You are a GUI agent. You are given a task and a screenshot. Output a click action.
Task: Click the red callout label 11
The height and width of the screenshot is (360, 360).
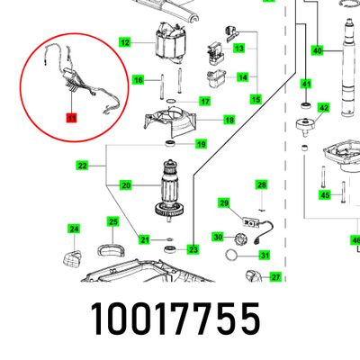[x=72, y=118]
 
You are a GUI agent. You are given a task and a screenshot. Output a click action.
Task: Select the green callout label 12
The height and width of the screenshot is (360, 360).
[x=125, y=42]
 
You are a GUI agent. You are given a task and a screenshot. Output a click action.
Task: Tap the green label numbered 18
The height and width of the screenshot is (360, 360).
[x=229, y=120]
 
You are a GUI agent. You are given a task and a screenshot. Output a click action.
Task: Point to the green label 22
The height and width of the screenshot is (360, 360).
[x=82, y=166]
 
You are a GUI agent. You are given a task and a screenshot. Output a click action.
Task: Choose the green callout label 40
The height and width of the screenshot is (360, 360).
[x=318, y=50]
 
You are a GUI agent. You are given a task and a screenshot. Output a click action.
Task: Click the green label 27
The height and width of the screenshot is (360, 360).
[x=275, y=277]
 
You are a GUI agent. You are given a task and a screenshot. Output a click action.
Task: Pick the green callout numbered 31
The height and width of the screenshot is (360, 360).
[x=265, y=256]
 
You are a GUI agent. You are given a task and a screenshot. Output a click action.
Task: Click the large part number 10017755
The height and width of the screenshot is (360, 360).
[x=175, y=319]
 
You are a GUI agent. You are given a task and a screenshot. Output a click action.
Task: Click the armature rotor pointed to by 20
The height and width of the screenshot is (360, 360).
[x=169, y=190]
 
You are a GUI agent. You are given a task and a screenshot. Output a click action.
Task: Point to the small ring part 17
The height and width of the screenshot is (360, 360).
[x=171, y=101]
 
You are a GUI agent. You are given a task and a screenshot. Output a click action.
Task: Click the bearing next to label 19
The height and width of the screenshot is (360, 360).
[x=170, y=143]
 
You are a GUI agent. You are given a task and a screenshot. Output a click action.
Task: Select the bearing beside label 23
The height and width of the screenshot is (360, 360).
[x=171, y=248]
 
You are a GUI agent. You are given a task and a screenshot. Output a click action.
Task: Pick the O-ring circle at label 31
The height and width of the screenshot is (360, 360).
[x=231, y=255]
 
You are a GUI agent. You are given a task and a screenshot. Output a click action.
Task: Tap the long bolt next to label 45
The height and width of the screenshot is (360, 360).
[x=344, y=192]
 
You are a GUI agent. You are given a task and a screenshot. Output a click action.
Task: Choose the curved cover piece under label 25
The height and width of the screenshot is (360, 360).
[x=111, y=250]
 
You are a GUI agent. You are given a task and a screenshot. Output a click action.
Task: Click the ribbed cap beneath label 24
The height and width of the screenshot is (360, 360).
[x=72, y=258]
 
